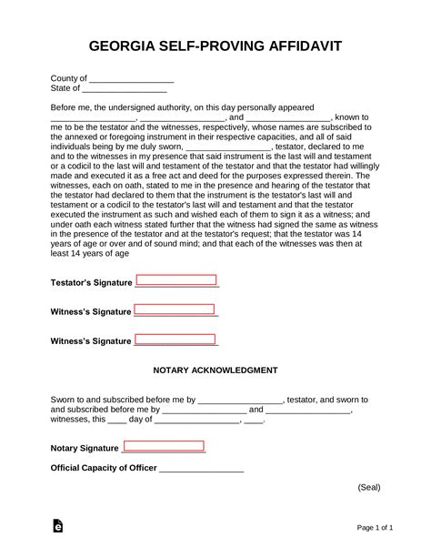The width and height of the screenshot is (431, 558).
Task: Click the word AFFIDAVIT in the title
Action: (x=298, y=46)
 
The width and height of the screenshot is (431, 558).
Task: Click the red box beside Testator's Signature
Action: (x=175, y=280)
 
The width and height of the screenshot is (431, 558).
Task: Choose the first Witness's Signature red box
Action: (x=175, y=310)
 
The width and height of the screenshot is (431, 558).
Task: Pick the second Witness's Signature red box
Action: (x=175, y=340)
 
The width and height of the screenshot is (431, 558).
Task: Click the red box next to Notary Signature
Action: (x=164, y=446)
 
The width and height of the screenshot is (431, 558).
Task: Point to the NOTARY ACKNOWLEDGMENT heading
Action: (x=215, y=371)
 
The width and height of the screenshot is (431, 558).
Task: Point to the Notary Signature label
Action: (x=85, y=448)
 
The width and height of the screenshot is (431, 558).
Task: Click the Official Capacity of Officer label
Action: (x=104, y=469)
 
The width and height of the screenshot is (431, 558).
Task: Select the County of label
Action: (x=68, y=79)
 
